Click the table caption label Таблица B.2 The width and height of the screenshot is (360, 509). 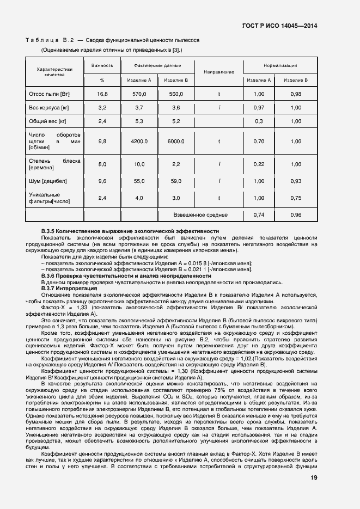coord(50,40)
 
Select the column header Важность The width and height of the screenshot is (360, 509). coord(102,65)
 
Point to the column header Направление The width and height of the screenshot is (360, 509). coord(218,72)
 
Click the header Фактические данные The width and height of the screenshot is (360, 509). coord(157,65)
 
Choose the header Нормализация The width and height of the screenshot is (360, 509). coord(280,65)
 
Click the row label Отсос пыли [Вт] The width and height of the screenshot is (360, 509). coord(51,94)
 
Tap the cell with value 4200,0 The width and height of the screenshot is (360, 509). coord(139,142)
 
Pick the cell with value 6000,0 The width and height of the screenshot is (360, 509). coord(176,142)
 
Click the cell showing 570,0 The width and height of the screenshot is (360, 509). coord(139,94)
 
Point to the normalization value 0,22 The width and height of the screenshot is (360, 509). coord(259,164)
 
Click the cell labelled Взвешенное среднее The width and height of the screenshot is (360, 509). coord(200,215)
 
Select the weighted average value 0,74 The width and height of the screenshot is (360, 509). coord(259,215)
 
